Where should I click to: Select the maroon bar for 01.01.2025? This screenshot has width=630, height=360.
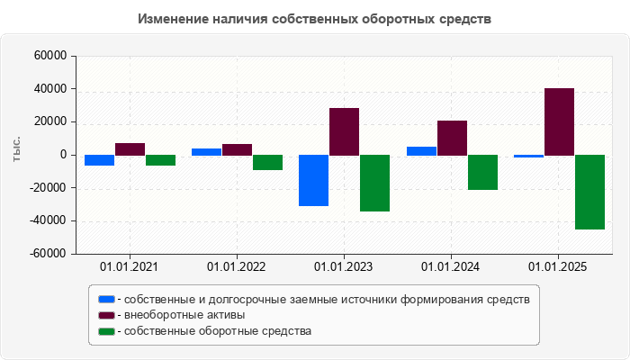point(559,121)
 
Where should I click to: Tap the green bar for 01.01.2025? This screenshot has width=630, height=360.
point(589,192)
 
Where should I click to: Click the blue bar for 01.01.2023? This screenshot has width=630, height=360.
point(313,180)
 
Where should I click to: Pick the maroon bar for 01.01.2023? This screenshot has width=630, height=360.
point(344,131)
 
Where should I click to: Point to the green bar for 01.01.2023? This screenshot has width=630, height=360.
point(374,183)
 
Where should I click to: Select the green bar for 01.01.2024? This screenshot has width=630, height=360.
point(482,172)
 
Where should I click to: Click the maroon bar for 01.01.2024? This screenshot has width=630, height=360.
point(452,138)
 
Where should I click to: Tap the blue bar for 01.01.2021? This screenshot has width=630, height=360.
point(99,160)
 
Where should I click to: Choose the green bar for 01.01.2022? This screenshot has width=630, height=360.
point(267,162)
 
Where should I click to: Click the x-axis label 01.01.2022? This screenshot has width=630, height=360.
point(237,267)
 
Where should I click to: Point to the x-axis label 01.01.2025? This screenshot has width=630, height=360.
point(559,267)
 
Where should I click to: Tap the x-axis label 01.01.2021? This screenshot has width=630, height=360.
point(129,267)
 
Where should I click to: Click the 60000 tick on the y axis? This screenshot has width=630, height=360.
point(51,56)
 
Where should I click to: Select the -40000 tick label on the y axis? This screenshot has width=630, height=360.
point(49,221)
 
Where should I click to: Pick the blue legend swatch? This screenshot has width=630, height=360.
point(106,299)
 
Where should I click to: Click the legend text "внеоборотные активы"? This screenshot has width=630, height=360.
point(185,315)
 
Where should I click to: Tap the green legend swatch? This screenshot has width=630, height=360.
point(106,331)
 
